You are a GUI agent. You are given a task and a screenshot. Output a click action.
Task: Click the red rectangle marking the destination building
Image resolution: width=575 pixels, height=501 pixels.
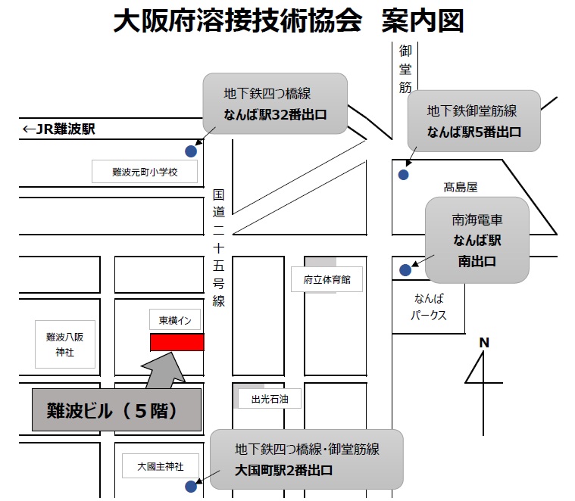coord(177,342)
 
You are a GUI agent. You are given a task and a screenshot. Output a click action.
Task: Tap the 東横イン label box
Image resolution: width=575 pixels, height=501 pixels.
coord(175,319)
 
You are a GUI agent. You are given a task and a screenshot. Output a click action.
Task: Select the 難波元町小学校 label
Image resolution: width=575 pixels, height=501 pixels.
coord(145,171)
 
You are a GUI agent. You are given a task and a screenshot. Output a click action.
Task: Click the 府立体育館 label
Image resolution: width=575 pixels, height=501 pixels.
coord(327,279)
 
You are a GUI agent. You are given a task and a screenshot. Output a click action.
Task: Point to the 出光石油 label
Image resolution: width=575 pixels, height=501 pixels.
coord(270,399)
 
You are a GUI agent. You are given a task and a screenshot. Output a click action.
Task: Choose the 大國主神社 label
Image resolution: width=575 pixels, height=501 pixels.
coord(161,466)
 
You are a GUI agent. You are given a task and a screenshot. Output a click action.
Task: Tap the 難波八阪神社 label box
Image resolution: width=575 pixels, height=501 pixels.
coord(65,344)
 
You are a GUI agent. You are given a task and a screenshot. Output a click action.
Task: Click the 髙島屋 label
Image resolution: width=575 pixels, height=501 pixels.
coord(460,187)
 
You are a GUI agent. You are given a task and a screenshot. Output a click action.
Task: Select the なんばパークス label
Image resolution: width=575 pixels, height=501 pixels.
coord(428,307)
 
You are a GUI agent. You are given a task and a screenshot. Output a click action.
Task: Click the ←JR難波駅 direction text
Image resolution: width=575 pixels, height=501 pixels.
coord(58,129)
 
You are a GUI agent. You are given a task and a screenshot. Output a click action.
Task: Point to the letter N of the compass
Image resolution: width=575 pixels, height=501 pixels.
coord(484,343)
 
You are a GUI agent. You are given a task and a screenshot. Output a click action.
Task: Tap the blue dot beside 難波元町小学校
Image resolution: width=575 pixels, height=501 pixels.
coord(191,151)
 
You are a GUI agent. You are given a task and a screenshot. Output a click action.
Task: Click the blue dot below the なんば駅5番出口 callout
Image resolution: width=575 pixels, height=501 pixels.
coord(403,175)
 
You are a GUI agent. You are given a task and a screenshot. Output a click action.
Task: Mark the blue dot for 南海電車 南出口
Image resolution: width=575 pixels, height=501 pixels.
coord(405,270)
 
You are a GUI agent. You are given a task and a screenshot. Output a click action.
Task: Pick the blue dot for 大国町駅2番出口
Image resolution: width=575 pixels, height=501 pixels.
coord(191,487)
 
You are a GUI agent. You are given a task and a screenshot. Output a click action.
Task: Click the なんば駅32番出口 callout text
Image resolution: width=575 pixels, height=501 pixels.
coord(275,114)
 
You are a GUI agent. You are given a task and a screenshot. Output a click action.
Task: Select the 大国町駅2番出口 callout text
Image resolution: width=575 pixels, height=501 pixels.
coord(283,470)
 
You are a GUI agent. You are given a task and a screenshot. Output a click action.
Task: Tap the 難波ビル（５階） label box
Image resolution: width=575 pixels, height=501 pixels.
coord(117,410)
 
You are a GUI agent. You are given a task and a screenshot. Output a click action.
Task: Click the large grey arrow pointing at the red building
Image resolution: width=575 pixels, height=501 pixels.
coord(164,371)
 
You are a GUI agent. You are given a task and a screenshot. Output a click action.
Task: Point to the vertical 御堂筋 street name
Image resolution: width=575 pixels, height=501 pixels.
coord(405,69)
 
